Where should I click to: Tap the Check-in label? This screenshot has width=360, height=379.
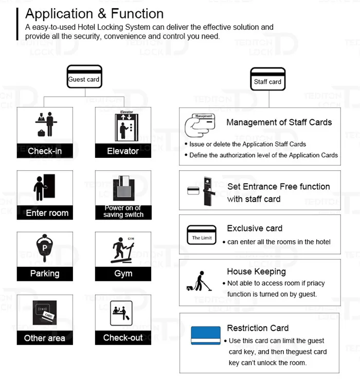[44, 151]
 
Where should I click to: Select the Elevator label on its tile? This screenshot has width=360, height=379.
[123, 151]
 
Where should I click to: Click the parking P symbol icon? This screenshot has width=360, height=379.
[45, 247]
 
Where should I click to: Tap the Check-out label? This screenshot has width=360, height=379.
[123, 337]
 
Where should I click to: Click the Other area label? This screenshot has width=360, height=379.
[45, 338]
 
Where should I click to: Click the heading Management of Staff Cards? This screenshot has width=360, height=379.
[279, 122]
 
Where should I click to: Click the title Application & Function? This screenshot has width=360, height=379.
[94, 13]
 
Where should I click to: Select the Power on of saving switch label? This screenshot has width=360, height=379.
[123, 211]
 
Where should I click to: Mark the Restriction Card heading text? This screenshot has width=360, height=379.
[258, 328]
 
